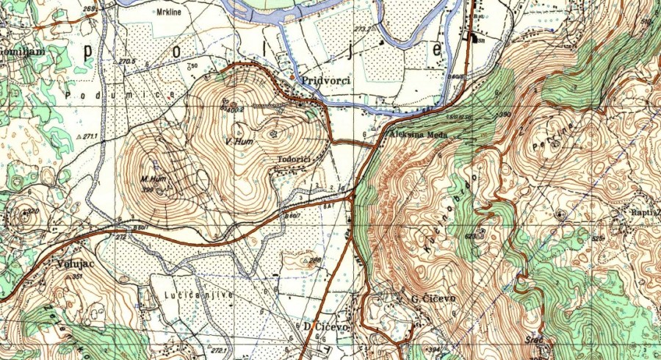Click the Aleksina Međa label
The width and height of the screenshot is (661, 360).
[417, 125]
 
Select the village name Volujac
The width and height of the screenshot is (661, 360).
[72, 262]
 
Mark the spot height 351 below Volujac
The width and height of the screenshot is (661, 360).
[77, 276]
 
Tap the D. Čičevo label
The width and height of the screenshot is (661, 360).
[324, 325]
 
